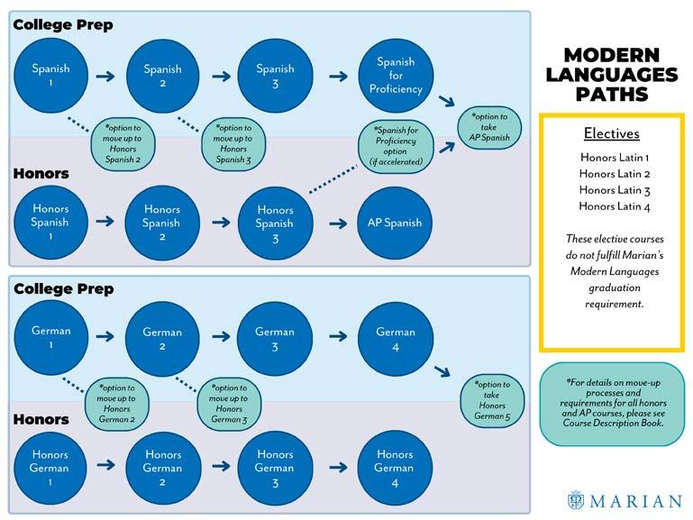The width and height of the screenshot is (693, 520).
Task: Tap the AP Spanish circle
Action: click(395, 224)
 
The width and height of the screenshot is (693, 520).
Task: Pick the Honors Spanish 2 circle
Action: click(162, 224)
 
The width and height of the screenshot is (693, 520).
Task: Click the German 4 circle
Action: click(395, 339)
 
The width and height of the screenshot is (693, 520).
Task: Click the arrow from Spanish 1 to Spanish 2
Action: click(106, 77)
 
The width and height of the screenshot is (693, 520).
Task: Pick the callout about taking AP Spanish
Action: click(489, 127)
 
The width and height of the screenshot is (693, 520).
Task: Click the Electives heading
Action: click(611, 134)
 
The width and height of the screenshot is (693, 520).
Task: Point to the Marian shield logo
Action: click(576, 499)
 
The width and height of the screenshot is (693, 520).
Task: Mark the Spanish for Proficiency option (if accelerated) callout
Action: click(396, 146)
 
